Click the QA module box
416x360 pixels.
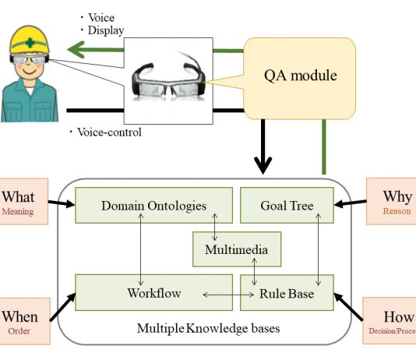click(299, 78)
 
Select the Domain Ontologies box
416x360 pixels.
click(154, 206)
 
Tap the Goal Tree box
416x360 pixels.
click(287, 206)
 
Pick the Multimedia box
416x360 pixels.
click(237, 249)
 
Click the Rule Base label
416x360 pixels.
click(287, 294)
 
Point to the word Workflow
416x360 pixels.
click(154, 293)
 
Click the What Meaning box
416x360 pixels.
click(23, 202)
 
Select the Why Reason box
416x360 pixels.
click(391, 202)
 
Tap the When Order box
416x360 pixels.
click(25, 321)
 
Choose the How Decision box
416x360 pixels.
click(390, 320)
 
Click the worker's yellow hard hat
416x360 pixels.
click(30, 41)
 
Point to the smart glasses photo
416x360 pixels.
click(168, 80)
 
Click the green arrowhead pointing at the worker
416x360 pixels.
click(76, 49)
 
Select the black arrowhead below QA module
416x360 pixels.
click(263, 165)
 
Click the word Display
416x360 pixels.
click(106, 30)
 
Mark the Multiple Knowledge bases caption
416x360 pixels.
click(208, 328)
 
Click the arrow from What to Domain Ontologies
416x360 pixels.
click(62, 203)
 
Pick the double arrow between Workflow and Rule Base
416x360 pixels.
click(228, 295)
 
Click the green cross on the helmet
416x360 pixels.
click(30, 42)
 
